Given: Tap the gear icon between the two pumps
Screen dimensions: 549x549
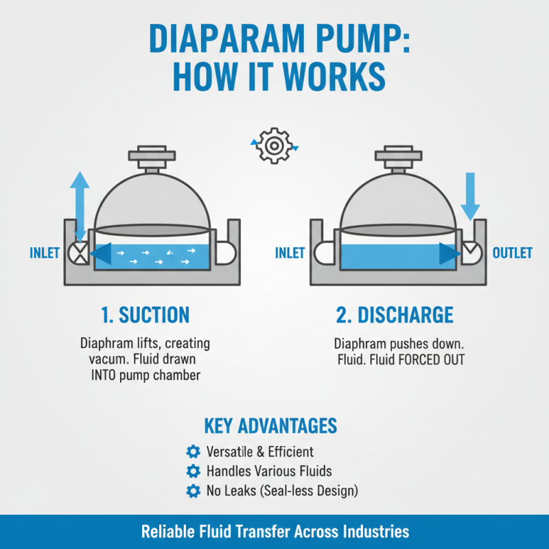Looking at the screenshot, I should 274,145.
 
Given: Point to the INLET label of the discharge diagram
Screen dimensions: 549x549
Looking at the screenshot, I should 290,253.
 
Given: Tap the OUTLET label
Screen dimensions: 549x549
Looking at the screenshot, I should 512,253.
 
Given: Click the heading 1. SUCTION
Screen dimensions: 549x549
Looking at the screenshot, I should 145,315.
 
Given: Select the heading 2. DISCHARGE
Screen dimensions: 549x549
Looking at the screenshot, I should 395,315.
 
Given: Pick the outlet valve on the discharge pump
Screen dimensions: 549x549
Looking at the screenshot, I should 470,253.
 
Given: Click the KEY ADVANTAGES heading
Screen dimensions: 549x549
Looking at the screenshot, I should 270,425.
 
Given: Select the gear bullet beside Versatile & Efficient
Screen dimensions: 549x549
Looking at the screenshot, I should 193,452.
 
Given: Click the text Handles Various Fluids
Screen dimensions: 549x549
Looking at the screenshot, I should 269,471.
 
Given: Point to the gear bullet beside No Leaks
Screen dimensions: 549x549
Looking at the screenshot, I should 193,491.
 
